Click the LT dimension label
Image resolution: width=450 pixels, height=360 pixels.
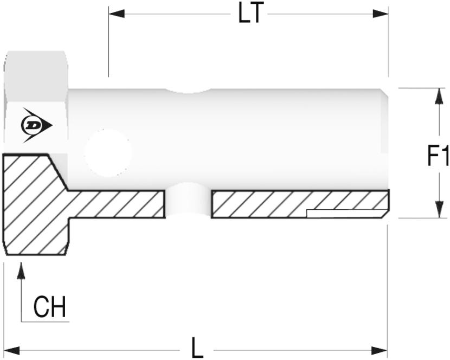(x=251, y=13)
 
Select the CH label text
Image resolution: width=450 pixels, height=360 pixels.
(x=50, y=306)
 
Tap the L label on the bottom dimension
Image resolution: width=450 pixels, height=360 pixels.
(x=197, y=348)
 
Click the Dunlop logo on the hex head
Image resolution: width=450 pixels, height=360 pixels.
(x=36, y=125)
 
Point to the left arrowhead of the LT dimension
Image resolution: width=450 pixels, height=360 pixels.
(x=117, y=14)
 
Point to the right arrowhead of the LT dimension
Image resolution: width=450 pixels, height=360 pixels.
(x=380, y=14)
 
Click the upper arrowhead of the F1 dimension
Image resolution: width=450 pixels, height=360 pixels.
(x=439, y=96)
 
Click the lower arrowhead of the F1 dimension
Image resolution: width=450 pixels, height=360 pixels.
(x=439, y=210)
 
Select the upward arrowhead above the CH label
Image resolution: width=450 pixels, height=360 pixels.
(x=21, y=271)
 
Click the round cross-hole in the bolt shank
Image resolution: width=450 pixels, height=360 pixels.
(x=108, y=153)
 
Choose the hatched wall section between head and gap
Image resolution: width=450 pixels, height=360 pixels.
(x=116, y=204)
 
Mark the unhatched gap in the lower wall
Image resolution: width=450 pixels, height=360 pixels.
(x=188, y=201)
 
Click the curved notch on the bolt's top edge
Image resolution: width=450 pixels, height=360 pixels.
(x=188, y=91)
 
